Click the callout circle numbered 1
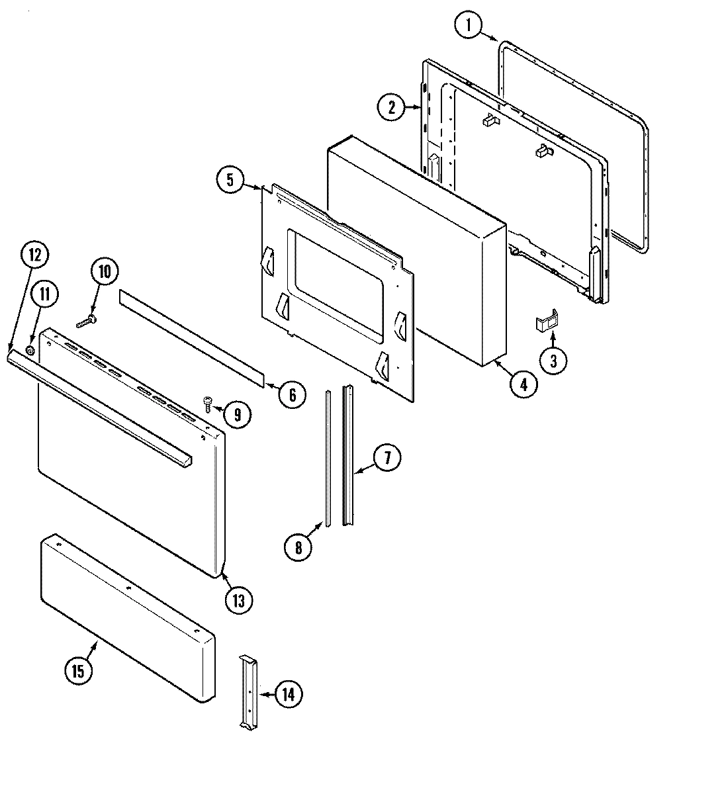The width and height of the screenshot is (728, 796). [x=469, y=26]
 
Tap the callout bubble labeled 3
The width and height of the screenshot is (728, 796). [x=554, y=360]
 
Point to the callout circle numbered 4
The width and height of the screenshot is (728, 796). [x=523, y=384]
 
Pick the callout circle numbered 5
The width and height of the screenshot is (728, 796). [x=230, y=181]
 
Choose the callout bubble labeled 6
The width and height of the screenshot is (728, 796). [x=291, y=395]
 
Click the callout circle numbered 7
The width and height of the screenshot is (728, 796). [x=387, y=458]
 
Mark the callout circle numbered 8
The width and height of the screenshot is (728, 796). [x=298, y=547]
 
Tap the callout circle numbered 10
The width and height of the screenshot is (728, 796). [x=105, y=272]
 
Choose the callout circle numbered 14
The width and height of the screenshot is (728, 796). [x=288, y=694]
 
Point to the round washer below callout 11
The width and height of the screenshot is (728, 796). [x=30, y=349]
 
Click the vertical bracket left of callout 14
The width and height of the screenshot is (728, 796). [x=249, y=691]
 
